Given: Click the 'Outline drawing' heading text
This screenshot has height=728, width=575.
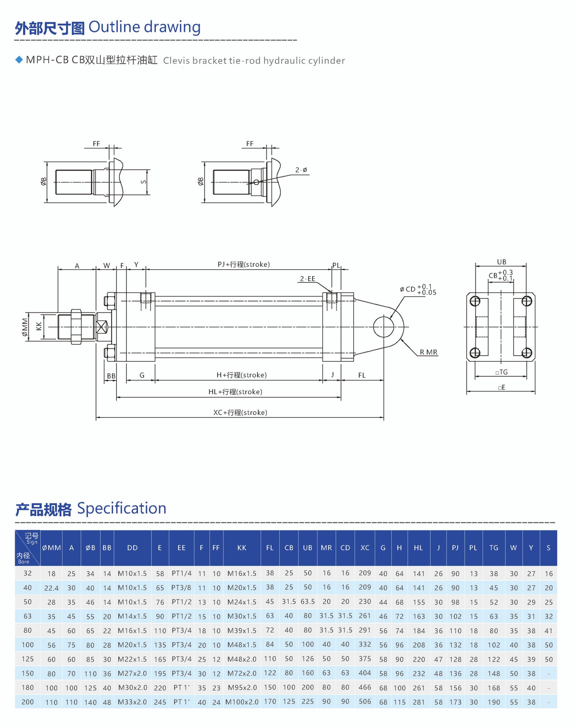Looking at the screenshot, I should point(144,27).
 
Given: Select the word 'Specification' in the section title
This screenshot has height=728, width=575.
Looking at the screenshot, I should point(121,509).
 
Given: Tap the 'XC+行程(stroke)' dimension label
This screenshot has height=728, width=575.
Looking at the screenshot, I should point(240,412).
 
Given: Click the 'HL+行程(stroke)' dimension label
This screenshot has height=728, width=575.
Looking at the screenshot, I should point(235,392).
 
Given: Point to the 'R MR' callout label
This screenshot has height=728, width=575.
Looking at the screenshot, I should point(428,352).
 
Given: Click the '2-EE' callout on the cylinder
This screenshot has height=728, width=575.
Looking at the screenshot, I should point(308,279).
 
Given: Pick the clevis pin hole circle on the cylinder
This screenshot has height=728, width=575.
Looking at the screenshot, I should point(383,327).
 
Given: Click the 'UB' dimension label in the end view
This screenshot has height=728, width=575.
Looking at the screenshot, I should point(501,262).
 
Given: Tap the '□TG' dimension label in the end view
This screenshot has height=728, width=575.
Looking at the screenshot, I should point(502,372).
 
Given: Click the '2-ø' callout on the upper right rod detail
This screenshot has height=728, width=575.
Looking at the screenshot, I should point(301,170).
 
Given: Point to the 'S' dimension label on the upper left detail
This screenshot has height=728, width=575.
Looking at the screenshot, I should point(143,182).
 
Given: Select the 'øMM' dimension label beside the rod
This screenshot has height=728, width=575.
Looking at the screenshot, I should point(24,327).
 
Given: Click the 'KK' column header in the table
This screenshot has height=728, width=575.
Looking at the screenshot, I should point(241,548).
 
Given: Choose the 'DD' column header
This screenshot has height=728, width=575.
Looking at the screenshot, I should point(132,548).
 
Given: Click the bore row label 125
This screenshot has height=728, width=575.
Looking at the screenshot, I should point(27,659).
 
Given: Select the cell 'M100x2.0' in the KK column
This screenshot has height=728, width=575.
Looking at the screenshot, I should point(241,702).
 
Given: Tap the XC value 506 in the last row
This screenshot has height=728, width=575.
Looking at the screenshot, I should point(364,701).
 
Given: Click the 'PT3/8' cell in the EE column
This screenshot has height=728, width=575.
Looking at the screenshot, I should point(181,588).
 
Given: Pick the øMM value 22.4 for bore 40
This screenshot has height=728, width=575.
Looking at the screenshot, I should point(51,588).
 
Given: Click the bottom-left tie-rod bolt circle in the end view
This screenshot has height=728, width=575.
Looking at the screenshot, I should point(475,353).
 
